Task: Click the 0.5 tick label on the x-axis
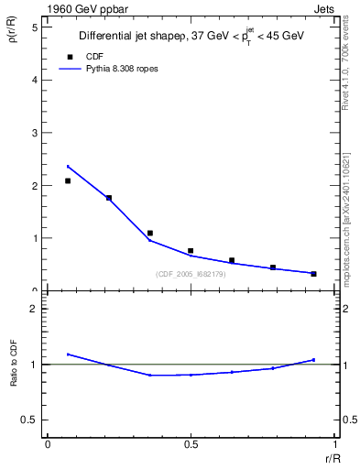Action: pyautogui.click(x=191, y=444)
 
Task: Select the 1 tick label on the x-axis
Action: pyautogui.click(x=333, y=444)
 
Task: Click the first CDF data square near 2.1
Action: pyautogui.click(x=68, y=180)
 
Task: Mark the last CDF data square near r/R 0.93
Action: pyautogui.click(x=313, y=273)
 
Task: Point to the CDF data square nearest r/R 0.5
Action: pyautogui.click(x=191, y=250)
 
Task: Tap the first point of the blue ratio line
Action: pyautogui.click(x=68, y=354)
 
